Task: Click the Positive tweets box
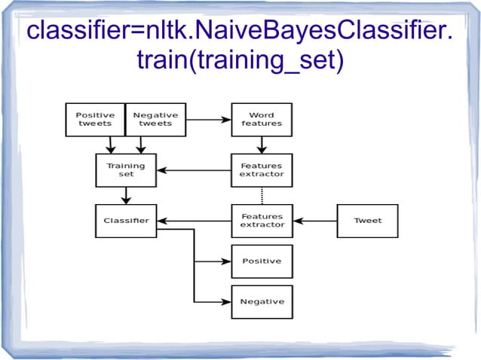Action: tap(95, 119)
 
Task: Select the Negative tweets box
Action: tap(155, 119)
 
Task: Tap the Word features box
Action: tap(262, 119)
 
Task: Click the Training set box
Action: tap(126, 169)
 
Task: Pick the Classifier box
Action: tap(126, 221)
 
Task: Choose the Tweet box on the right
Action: tap(367, 221)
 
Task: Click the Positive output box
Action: tap(262, 261)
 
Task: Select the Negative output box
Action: tap(262, 301)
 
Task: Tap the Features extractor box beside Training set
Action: tap(262, 169)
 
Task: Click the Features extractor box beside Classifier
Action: tap(262, 221)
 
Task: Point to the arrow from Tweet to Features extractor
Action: tap(314, 221)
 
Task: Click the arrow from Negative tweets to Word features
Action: tap(208, 119)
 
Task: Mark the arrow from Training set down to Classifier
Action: tap(126, 195)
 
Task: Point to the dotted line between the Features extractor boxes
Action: tap(262, 195)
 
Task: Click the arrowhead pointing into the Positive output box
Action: tap(226, 261)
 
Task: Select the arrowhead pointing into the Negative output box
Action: tap(226, 301)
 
